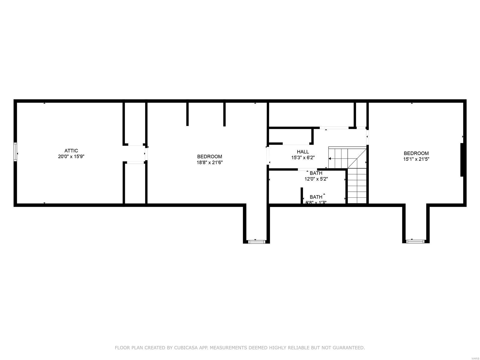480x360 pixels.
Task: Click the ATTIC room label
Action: tap(71, 151)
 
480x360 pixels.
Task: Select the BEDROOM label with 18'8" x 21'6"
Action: tap(209, 157)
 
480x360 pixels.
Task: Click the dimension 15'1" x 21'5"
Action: tap(416, 159)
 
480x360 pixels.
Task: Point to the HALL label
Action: tap(303, 152)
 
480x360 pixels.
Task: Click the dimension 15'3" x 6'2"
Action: tap(303, 157)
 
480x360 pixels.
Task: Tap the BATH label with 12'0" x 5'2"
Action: tap(316, 173)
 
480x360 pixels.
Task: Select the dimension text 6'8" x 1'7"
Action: tap(316, 202)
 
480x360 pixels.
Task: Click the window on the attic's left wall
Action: tap(15, 152)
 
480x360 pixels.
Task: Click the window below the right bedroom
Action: tap(415, 241)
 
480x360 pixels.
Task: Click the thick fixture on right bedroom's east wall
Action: tap(462, 160)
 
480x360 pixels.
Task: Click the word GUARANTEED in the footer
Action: tap(349, 348)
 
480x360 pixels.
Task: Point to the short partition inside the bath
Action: tap(301, 196)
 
